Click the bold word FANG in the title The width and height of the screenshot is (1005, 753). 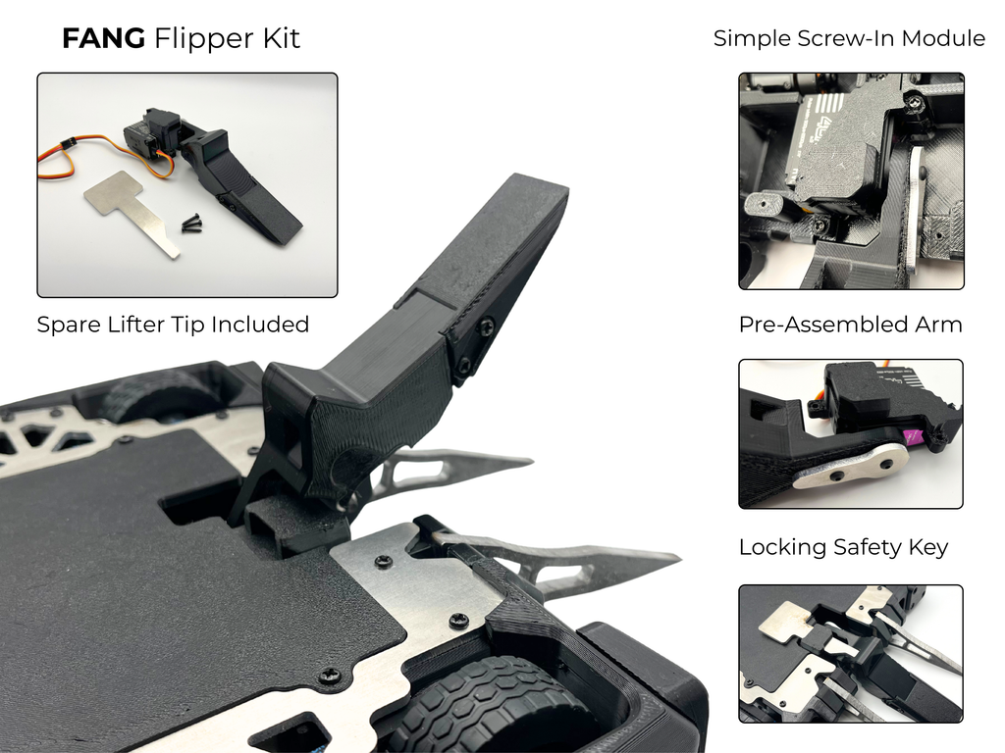(103, 39)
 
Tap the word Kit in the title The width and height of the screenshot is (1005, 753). (278, 39)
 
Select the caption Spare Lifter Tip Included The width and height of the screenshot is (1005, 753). (173, 325)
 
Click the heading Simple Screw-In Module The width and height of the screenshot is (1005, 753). (849, 39)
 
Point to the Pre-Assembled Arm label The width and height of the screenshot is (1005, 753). (850, 325)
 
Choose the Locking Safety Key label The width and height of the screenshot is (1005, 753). (843, 547)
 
